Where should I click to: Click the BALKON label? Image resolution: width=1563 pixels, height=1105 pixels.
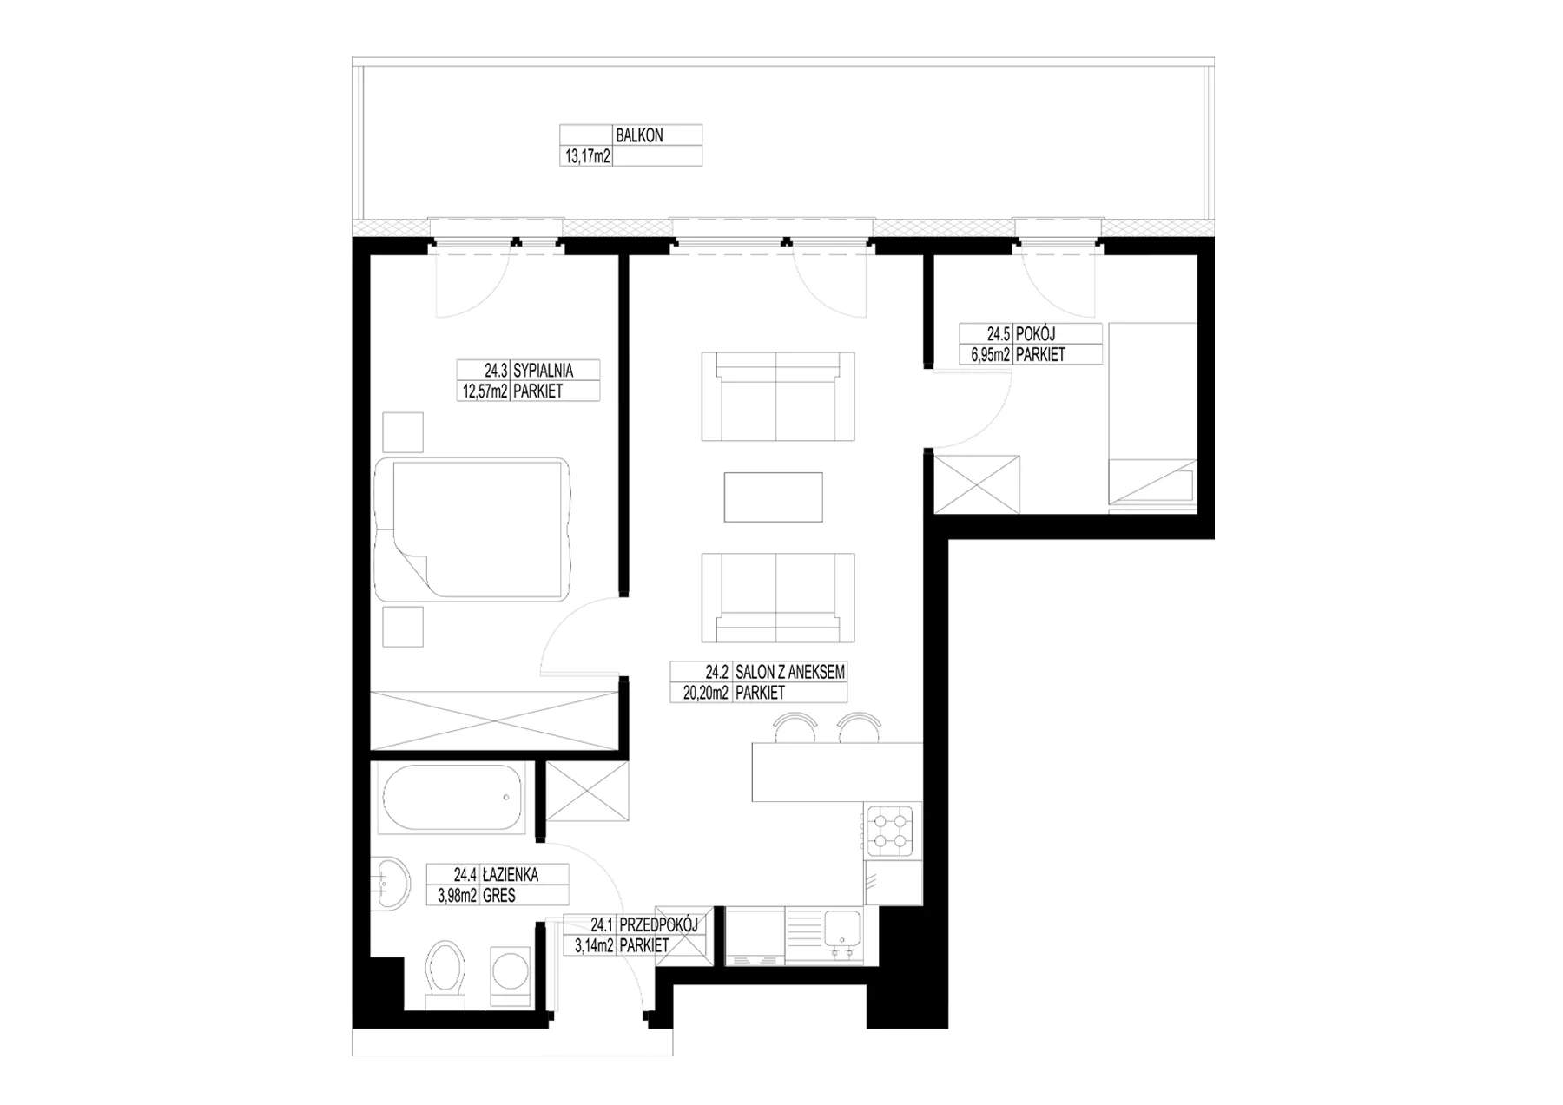(x=639, y=135)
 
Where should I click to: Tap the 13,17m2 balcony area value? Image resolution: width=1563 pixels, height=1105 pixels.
(x=588, y=156)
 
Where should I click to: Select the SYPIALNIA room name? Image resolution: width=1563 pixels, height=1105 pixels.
(x=544, y=370)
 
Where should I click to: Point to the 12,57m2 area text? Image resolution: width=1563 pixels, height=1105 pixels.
(x=485, y=391)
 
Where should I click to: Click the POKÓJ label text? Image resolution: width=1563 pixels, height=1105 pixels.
(x=1035, y=333)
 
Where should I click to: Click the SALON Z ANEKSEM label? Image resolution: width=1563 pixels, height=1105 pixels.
(x=789, y=672)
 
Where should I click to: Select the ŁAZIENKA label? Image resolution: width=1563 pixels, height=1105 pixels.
(x=510, y=875)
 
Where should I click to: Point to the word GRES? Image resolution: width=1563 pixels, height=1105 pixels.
(x=499, y=896)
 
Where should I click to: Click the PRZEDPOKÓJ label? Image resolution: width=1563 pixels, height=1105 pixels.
(x=658, y=925)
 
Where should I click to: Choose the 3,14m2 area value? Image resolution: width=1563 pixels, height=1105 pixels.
(x=595, y=946)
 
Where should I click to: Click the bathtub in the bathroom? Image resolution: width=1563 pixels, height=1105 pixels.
(x=452, y=799)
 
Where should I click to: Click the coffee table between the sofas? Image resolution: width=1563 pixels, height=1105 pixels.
(x=773, y=497)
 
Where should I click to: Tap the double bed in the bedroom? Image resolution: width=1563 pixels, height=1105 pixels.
(x=473, y=529)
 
